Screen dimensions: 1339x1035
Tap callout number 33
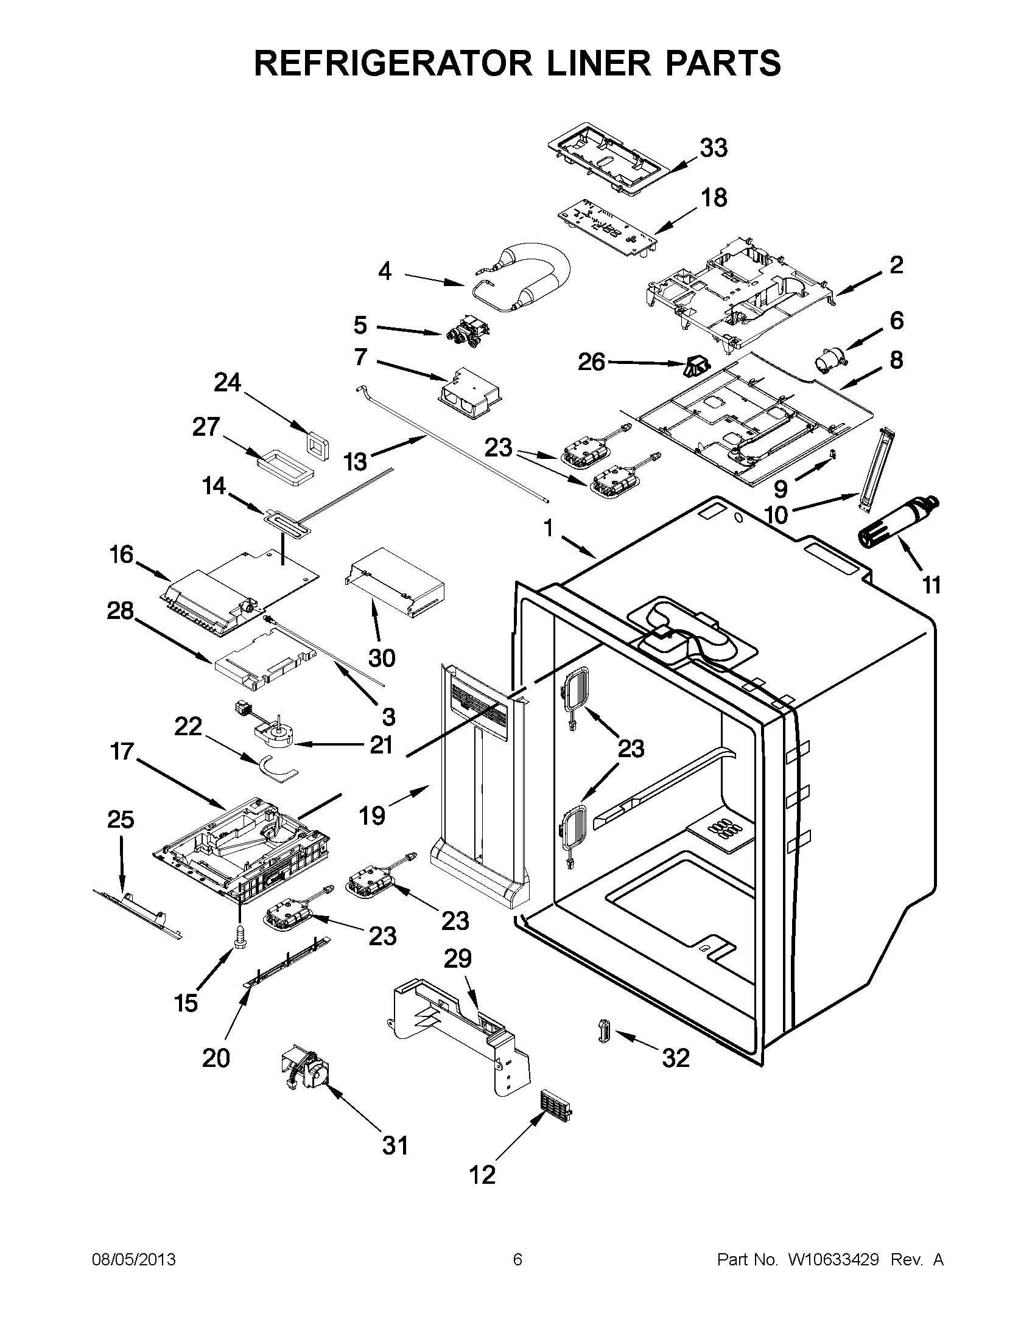coord(714,148)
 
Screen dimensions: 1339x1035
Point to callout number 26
coord(592,362)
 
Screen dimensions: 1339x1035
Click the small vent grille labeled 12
coord(556,1105)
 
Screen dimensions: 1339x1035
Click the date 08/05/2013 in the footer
coord(134,1260)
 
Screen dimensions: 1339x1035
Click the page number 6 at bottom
coord(517,1260)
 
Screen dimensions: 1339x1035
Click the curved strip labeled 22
coord(276,770)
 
